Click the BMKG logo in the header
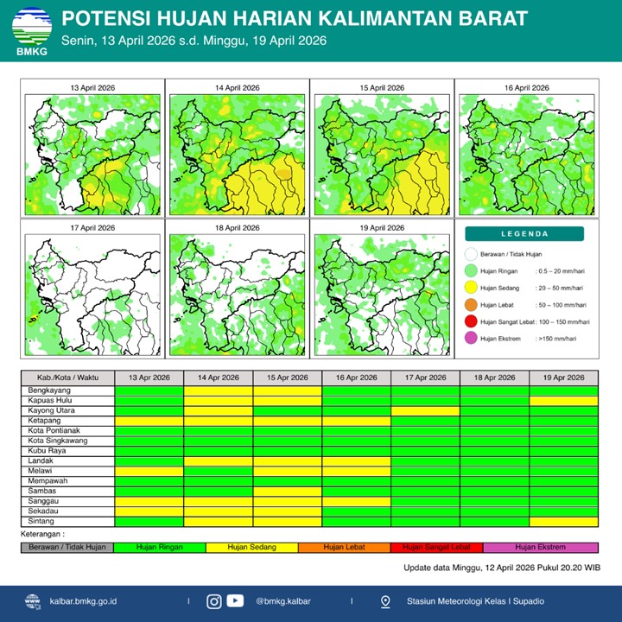pyautogui.click(x=31, y=32)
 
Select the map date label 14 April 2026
pyautogui.click(x=237, y=88)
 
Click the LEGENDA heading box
pyautogui.click(x=524, y=233)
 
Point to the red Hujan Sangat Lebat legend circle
pyautogui.click(x=471, y=321)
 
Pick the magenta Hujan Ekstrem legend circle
pyautogui.click(x=471, y=338)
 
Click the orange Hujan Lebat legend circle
pyautogui.click(x=471, y=305)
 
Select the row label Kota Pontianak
pyautogui.click(x=52, y=430)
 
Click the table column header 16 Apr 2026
pyautogui.click(x=356, y=378)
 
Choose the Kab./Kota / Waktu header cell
pyautogui.click(x=67, y=378)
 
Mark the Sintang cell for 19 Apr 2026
pyautogui.click(x=562, y=521)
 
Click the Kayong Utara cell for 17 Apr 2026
pyautogui.click(x=425, y=410)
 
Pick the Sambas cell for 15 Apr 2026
pyautogui.click(x=287, y=491)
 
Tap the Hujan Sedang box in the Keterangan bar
pyautogui.click(x=251, y=547)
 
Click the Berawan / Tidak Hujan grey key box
pyautogui.click(x=67, y=547)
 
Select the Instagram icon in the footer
pyautogui.click(x=214, y=601)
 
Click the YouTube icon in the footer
pyautogui.click(x=235, y=601)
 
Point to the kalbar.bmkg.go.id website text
pyautogui.click(x=84, y=601)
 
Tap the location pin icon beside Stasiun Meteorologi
pyautogui.click(x=385, y=601)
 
